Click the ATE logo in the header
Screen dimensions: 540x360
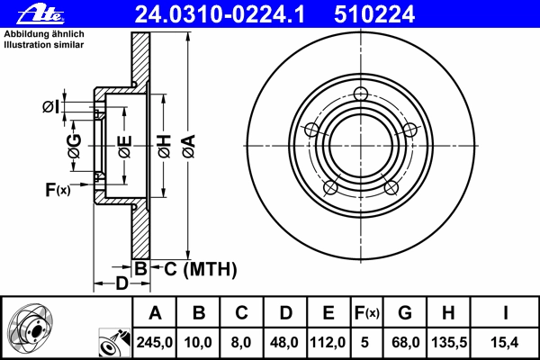point(40,14)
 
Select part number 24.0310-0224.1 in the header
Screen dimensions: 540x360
point(220,14)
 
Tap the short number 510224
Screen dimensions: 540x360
point(374,14)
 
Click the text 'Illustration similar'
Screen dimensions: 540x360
point(44,45)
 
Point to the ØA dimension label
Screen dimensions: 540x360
point(189,147)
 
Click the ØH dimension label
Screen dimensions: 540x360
point(165,147)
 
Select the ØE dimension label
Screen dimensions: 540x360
point(125,147)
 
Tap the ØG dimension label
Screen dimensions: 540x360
point(75,146)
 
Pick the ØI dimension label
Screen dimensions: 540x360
point(50,107)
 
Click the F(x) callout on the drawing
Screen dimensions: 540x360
point(58,190)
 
